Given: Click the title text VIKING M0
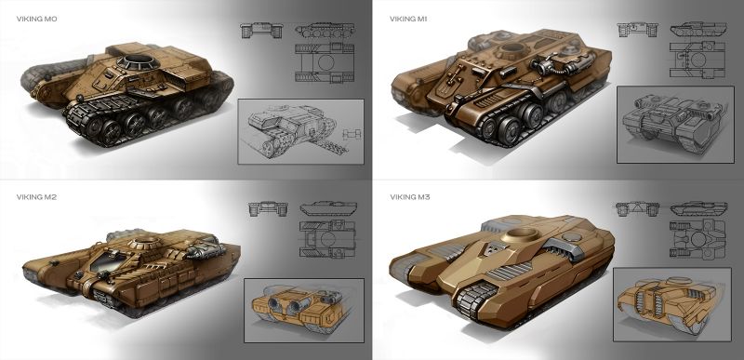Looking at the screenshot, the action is [37, 19].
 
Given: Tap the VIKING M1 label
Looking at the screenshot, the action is [408, 19].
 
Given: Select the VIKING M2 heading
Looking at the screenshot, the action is [36, 197].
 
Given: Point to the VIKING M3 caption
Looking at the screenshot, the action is [410, 197].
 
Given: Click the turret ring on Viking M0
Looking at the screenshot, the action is [138, 61].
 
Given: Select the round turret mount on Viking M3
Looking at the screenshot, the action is [520, 233].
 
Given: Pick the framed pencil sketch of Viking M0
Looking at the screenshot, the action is [300, 131].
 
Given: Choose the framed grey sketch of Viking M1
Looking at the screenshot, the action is [675, 125].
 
